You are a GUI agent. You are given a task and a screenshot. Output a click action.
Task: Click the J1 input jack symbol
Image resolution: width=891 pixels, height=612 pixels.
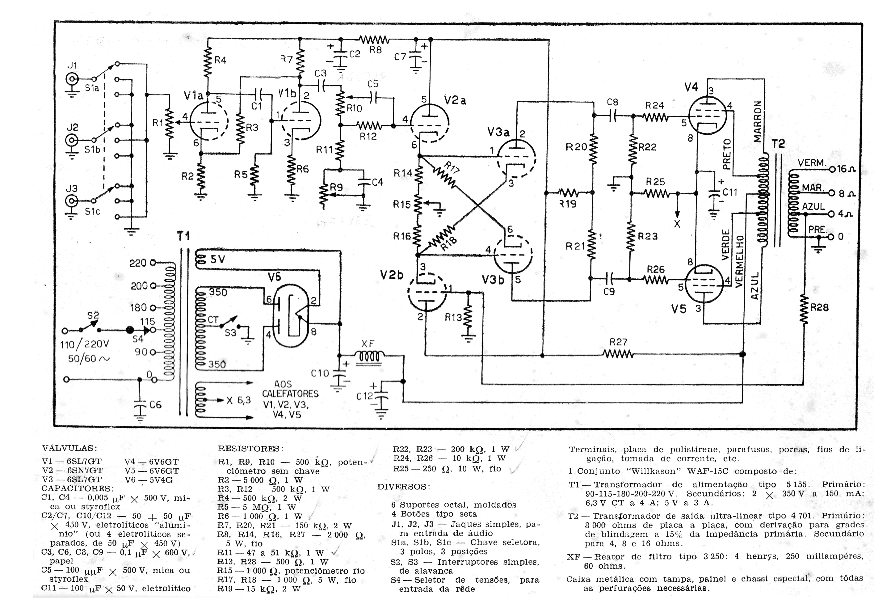(72, 79)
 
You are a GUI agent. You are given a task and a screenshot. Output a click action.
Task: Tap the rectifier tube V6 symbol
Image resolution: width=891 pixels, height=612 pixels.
(291, 315)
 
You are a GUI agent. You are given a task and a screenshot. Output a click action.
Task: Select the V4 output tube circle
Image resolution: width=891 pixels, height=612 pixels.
(707, 115)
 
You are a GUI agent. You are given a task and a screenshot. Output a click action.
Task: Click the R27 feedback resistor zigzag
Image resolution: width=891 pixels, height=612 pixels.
(618, 354)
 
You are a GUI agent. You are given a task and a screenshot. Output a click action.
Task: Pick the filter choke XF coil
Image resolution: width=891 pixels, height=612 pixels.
(369, 357)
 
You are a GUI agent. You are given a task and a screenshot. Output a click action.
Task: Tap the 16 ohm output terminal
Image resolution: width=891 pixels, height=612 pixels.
(832, 169)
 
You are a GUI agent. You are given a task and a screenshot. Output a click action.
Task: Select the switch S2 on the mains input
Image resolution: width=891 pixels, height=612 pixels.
(89, 327)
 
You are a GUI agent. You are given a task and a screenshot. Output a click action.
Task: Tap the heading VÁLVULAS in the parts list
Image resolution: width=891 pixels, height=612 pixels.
(69, 448)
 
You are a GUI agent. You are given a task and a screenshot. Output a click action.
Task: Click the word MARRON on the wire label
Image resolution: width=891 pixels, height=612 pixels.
(757, 121)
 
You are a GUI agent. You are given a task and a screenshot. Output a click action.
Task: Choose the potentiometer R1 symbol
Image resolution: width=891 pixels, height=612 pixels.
(169, 123)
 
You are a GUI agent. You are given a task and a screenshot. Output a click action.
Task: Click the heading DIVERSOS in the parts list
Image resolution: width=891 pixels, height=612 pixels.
(403, 487)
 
